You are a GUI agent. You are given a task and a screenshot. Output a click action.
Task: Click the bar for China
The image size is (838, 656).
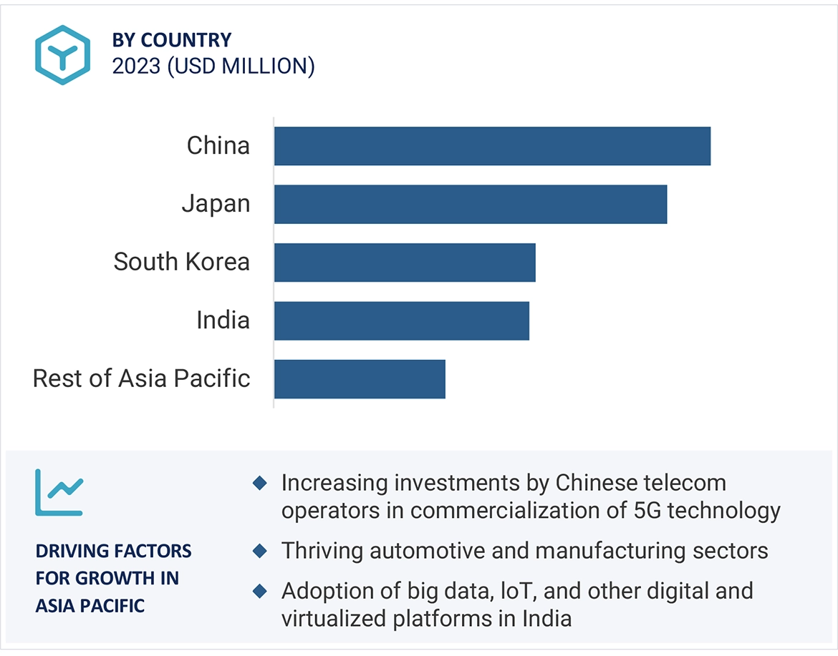click(492, 146)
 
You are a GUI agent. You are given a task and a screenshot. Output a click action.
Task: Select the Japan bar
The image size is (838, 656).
click(470, 204)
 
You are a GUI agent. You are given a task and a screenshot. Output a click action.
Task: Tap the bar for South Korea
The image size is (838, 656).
click(405, 263)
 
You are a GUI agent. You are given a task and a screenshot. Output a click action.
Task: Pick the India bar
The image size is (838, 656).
click(401, 320)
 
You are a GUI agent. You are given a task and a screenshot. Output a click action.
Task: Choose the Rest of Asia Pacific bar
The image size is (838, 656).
click(360, 378)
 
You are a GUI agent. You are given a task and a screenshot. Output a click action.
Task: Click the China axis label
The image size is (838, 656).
click(218, 146)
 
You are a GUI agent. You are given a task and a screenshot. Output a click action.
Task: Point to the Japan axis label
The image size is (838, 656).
click(216, 204)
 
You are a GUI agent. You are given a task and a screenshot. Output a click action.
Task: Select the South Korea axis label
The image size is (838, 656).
click(182, 262)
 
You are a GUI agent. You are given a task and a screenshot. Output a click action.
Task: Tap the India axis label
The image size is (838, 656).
click(223, 320)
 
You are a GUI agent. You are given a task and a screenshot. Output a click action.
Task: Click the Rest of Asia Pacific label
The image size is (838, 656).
click(142, 378)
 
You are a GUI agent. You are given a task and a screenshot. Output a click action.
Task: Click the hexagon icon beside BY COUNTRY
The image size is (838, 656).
click(63, 55)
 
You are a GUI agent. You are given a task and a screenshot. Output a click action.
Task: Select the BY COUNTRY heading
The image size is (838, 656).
click(172, 40)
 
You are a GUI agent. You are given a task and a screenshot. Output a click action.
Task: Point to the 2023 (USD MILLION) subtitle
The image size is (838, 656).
click(213, 66)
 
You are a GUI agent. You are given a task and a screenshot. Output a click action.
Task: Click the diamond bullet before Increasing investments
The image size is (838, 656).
click(260, 484)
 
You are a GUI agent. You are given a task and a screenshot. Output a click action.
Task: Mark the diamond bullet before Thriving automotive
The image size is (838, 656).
click(260, 552)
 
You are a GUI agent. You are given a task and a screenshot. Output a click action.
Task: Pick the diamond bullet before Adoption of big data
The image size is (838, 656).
click(260, 592)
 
